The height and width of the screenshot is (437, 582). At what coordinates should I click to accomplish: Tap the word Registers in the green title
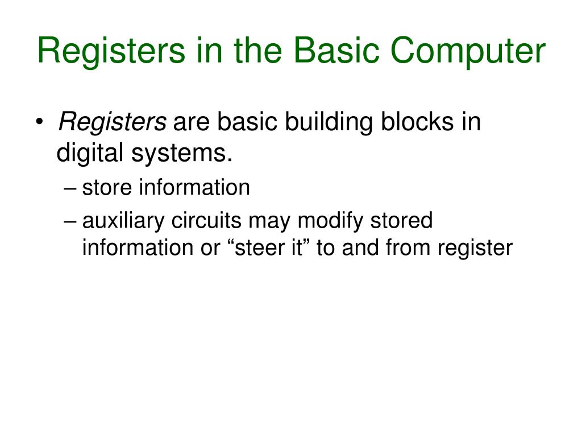tap(110, 51)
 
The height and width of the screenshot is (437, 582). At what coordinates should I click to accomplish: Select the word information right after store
tap(195, 187)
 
